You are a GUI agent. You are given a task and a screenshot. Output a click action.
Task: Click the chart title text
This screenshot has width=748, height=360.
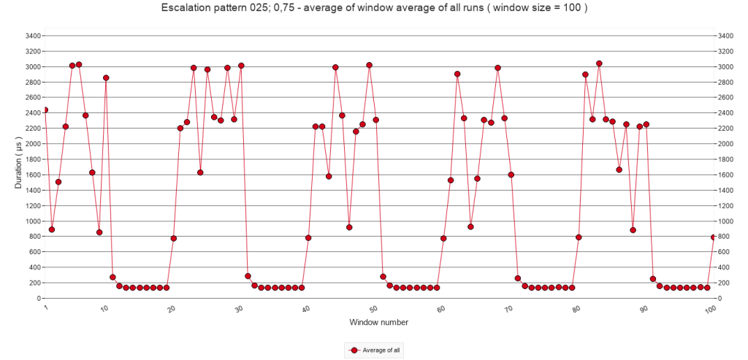374,8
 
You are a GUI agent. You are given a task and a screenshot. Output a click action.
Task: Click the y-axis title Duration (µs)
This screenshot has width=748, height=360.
19,167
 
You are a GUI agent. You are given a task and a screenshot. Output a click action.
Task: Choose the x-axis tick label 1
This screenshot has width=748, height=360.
45,308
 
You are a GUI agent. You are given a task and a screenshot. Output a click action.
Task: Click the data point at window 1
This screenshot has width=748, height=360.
45,110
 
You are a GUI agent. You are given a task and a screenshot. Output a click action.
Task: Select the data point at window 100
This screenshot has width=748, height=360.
714,237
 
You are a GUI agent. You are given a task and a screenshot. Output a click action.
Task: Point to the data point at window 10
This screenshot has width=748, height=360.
106,78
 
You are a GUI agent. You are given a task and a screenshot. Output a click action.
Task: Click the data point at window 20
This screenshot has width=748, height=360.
173,239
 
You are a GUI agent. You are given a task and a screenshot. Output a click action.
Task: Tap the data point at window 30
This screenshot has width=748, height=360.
241,66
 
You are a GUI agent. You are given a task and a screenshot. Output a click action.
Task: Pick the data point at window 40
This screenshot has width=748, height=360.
308,238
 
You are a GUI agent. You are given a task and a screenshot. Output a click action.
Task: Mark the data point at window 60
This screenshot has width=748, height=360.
443,239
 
